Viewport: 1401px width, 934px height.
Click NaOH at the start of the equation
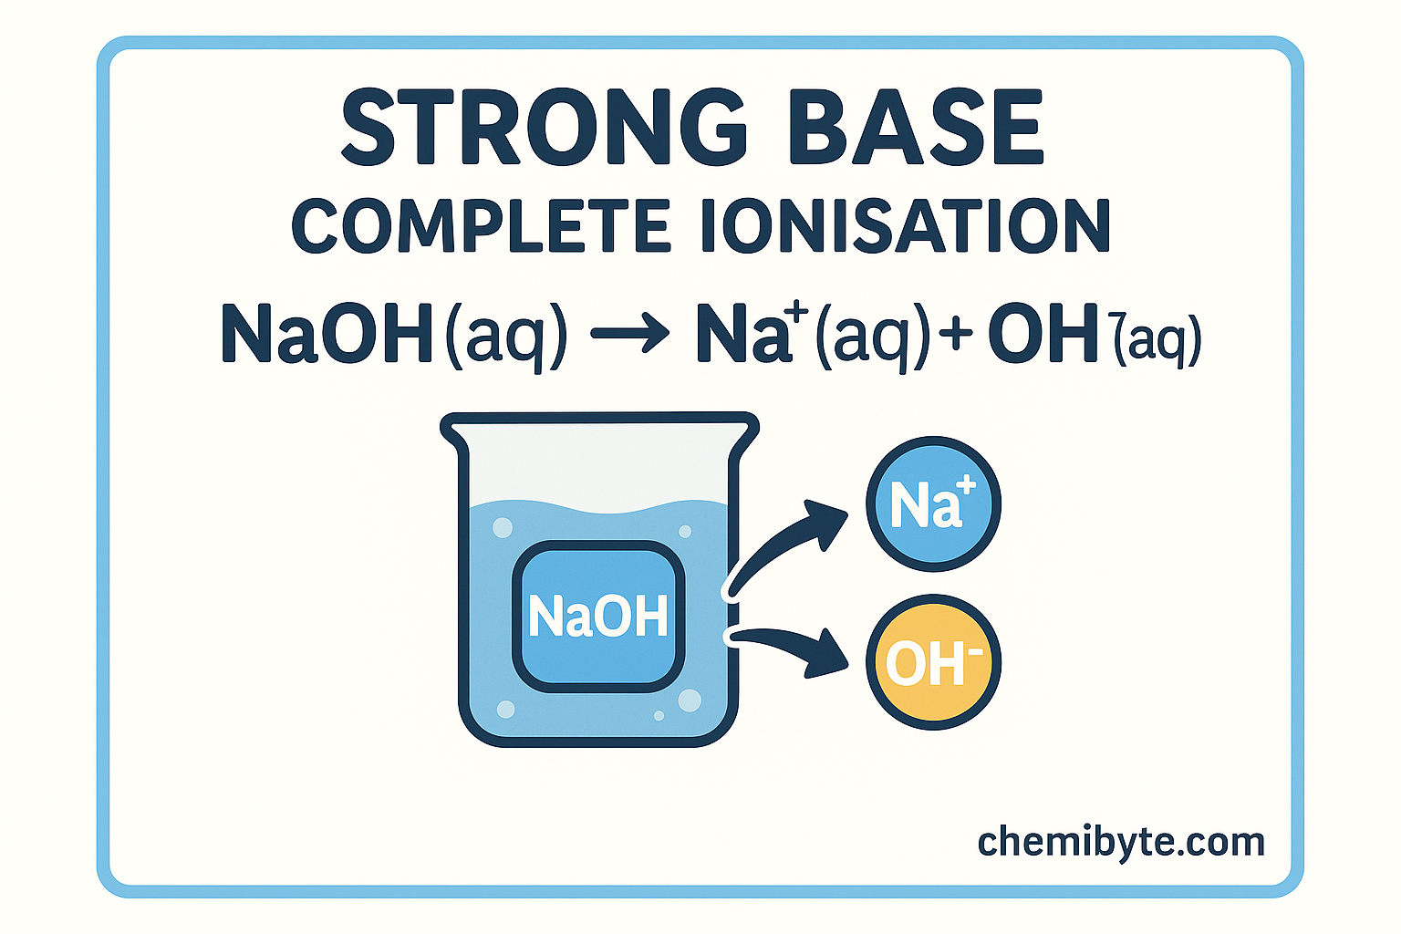(x=327, y=334)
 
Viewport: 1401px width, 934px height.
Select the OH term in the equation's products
(x=1043, y=334)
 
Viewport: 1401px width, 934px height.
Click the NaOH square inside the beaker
(x=598, y=616)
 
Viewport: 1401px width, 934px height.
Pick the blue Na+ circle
(x=932, y=503)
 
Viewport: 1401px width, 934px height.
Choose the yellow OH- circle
(x=932, y=662)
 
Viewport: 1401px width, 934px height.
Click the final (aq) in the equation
(x=1157, y=340)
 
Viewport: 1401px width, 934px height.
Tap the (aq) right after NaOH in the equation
(x=505, y=336)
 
